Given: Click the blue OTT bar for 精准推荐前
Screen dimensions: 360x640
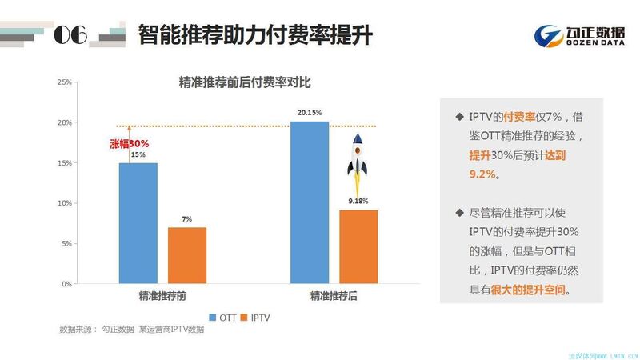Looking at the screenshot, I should [x=138, y=222].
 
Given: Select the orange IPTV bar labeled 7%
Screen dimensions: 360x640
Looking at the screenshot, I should [x=187, y=255].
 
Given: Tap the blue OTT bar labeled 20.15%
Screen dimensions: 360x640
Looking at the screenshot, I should [x=310, y=202].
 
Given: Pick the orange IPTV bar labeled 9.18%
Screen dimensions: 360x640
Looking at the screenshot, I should [x=358, y=246].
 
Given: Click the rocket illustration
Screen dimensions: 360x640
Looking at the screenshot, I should [x=358, y=158].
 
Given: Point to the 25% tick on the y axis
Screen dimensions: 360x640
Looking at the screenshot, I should [x=65, y=82].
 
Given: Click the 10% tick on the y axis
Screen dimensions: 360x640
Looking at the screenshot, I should [x=65, y=203].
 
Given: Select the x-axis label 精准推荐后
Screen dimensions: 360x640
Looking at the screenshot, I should [x=334, y=296].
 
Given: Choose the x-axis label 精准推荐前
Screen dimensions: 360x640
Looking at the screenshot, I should [x=162, y=296].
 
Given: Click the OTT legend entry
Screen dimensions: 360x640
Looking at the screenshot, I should [x=226, y=317].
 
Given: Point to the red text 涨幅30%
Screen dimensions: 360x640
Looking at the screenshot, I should [x=129, y=144].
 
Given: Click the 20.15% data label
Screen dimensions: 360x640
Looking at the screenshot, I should [x=310, y=113].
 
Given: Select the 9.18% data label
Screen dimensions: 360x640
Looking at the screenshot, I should [x=358, y=202].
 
